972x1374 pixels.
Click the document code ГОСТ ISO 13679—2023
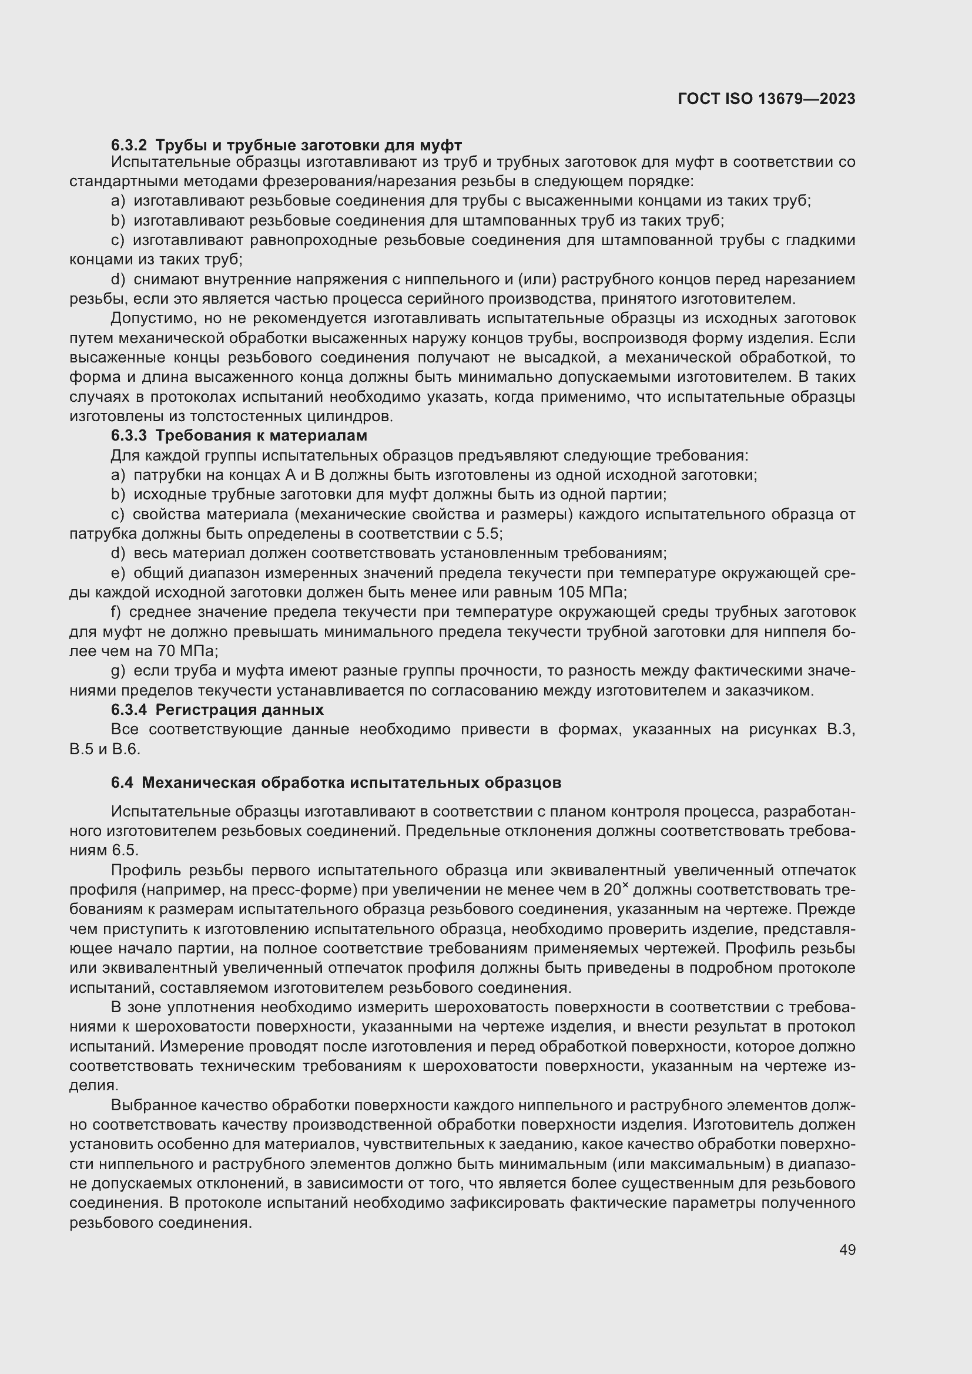pos(766,99)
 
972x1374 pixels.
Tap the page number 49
pos(847,1249)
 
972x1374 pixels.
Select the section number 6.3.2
pos(129,145)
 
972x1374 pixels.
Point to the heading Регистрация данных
pos(239,710)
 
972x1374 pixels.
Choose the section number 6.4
pos(122,782)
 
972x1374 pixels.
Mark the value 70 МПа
pos(187,651)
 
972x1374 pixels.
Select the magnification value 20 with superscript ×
pos(615,889)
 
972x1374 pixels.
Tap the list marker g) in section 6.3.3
pos(118,671)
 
